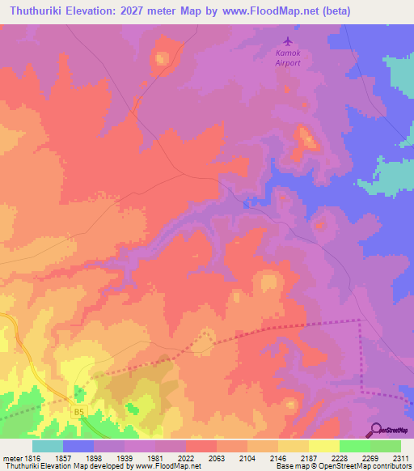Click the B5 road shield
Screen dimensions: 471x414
pos(78,412)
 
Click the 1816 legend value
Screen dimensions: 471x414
pos(31,458)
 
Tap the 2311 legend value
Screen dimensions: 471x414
pos(401,458)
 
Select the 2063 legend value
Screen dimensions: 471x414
pos(217,458)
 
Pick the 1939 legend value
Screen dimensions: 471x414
pos(124,458)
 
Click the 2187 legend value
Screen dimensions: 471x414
pos(309,458)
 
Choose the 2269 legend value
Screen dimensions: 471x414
pos(370,458)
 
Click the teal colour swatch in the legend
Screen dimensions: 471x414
pos(47,446)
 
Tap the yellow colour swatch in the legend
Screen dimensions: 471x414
pos(323,446)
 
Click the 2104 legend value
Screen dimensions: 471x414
pos(247,458)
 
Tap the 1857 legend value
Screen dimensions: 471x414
pos(62,458)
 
